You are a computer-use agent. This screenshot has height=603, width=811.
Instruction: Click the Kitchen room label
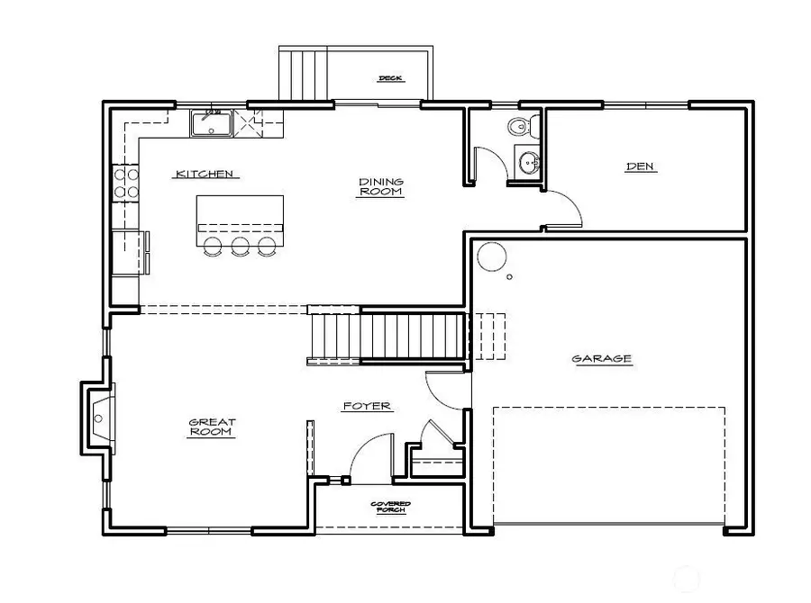pos(205,174)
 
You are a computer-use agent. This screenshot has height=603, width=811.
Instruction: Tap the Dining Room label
pos(381,186)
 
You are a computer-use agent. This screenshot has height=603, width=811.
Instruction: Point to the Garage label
pos(601,359)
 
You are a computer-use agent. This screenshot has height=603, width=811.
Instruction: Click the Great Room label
pos(212,427)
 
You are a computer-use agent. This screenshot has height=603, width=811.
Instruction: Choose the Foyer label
pos(367,406)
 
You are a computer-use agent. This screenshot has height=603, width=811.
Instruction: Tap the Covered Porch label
pos(390,507)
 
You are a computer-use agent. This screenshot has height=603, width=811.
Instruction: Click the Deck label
pos(390,78)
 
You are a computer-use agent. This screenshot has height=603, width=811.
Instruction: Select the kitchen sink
pos(212,123)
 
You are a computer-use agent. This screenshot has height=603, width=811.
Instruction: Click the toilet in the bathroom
pos(520,127)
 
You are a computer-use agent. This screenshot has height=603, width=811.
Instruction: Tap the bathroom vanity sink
pos(528,163)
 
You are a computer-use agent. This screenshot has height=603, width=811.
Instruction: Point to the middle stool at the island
pos(240,247)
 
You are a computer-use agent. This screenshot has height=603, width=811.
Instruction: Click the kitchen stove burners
pos(125,182)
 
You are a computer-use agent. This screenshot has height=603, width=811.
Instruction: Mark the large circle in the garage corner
pos(492,257)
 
